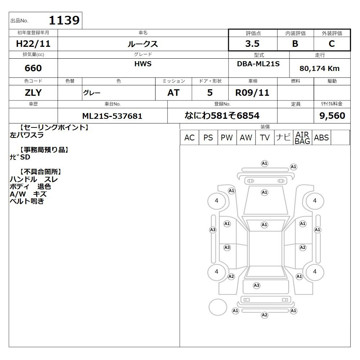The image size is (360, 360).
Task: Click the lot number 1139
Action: click(64, 20)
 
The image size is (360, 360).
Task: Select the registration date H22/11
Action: click(33, 44)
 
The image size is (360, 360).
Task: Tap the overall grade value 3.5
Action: click(252, 44)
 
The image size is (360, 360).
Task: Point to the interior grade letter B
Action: click(295, 44)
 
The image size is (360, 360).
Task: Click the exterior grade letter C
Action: click(332, 44)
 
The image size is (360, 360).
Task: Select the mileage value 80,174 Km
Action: click(319, 68)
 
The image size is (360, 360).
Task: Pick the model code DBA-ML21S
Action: click(258, 64)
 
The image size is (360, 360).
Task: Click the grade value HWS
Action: click(143, 64)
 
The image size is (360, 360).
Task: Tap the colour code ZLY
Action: click(33, 93)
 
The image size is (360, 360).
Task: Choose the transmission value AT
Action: click(174, 93)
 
